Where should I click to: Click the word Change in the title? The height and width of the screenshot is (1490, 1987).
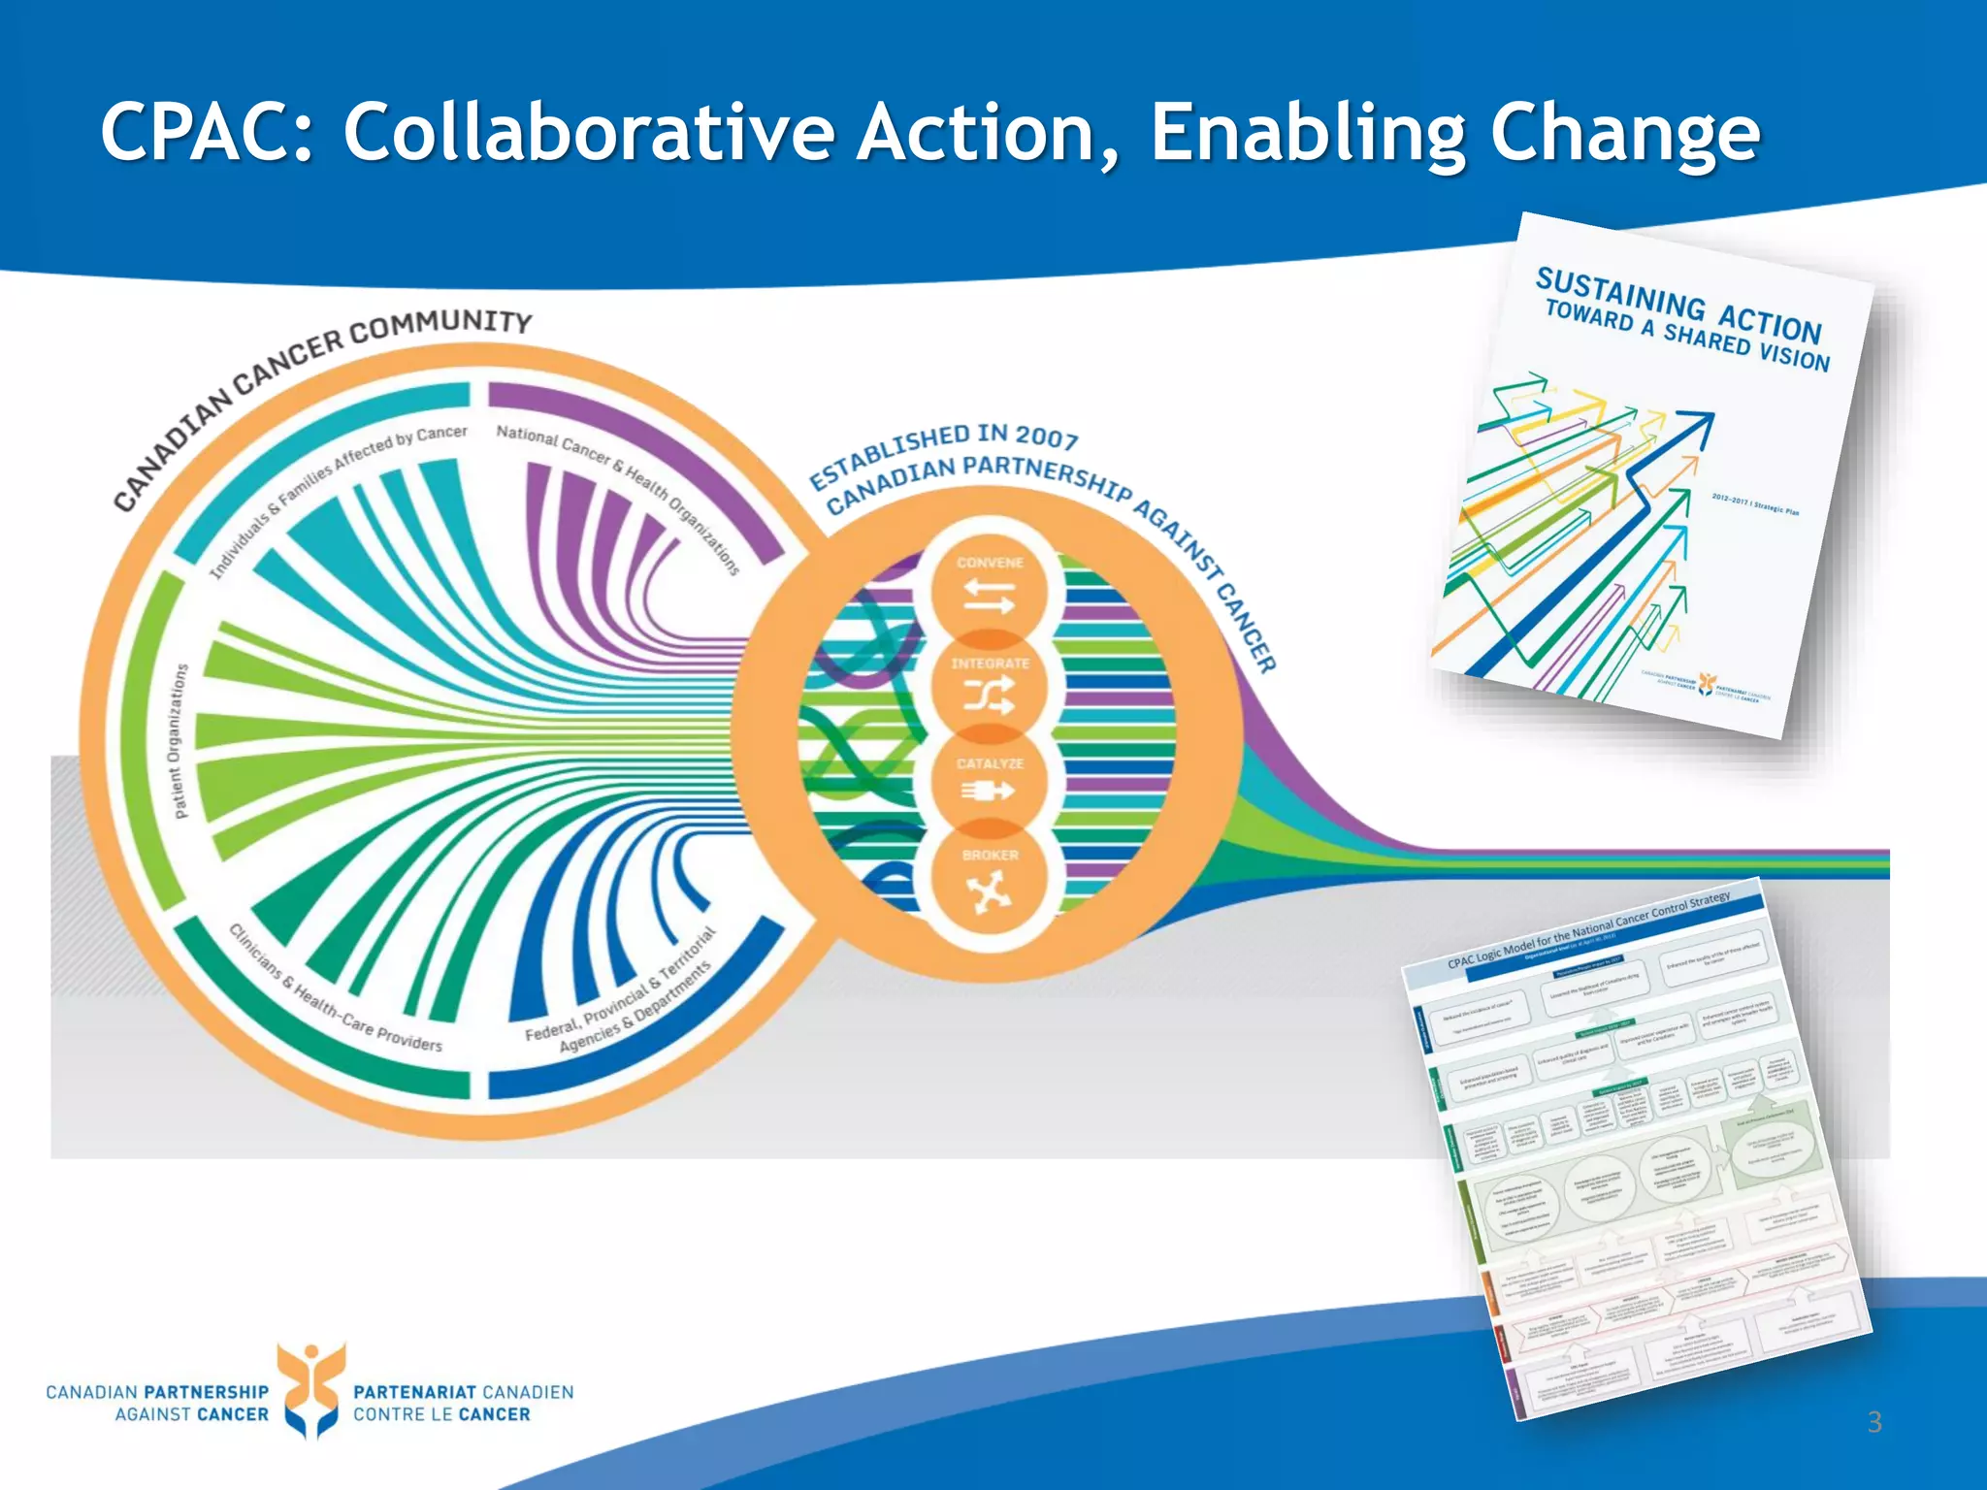pyautogui.click(x=1624, y=133)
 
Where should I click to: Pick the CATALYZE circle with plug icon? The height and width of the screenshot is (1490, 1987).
pyautogui.click(x=989, y=782)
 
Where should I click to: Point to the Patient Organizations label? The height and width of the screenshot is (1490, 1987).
pyautogui.click(x=179, y=742)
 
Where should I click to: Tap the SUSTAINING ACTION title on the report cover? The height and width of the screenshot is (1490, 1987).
pyautogui.click(x=1678, y=305)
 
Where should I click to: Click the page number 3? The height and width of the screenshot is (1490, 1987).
pyautogui.click(x=1874, y=1422)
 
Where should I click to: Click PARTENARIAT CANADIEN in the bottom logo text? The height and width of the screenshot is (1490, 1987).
pyautogui.click(x=463, y=1392)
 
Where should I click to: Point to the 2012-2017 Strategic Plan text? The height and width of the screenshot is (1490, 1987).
pyautogui.click(x=1754, y=505)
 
